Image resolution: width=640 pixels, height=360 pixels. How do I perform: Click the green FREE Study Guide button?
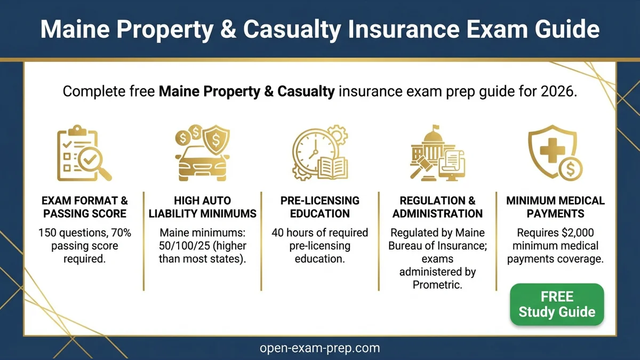click(x=557, y=305)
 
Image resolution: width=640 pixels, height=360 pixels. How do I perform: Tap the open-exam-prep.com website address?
click(x=319, y=348)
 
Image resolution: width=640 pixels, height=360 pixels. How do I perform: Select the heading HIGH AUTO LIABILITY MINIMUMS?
click(x=202, y=207)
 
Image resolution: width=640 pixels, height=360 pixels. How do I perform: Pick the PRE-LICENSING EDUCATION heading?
click(x=319, y=207)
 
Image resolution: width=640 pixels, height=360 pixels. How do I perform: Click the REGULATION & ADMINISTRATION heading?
click(x=437, y=207)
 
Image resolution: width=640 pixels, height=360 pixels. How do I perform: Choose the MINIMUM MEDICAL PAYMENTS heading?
click(x=555, y=207)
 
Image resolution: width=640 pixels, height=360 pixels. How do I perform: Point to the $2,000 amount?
click(x=572, y=233)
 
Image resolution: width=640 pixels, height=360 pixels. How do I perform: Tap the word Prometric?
click(x=437, y=285)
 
